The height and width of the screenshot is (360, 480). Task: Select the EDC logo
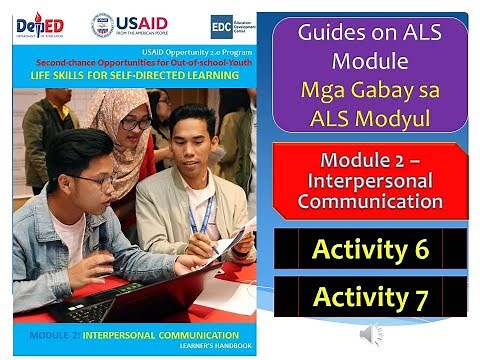(222, 27)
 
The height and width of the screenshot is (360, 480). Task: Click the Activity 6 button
(370, 249)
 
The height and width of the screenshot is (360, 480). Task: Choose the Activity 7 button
(370, 297)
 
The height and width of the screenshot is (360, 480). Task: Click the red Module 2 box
(369, 181)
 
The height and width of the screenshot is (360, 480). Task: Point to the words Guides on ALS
(369, 32)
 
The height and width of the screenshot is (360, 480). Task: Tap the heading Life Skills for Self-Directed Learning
(135, 75)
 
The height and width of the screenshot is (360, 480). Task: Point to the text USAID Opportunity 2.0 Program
(135, 51)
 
